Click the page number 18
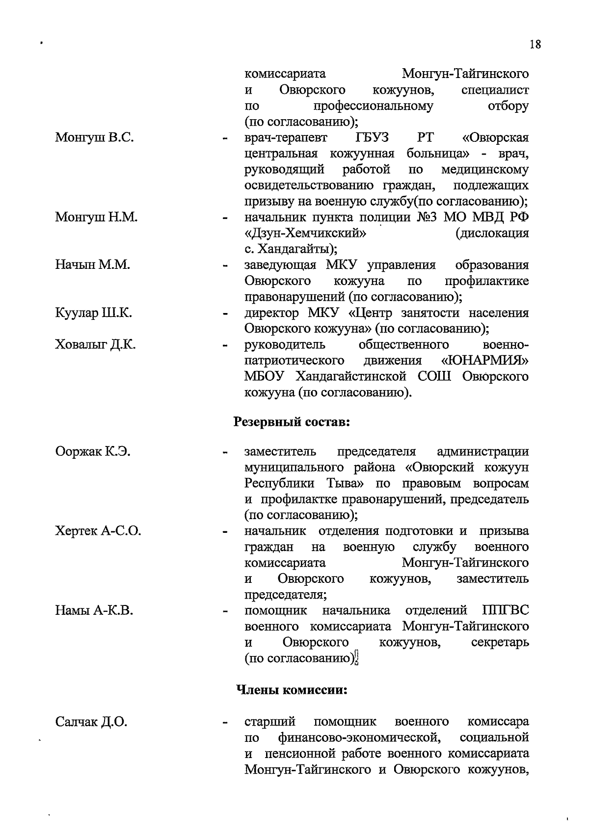click(535, 45)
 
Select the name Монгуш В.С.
click(95, 137)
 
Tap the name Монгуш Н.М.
click(96, 217)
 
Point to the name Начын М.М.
click(92, 265)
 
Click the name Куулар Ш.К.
click(93, 313)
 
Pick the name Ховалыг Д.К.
click(96, 344)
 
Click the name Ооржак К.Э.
click(93, 451)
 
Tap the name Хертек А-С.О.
click(98, 531)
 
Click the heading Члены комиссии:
click(292, 690)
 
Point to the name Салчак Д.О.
click(91, 722)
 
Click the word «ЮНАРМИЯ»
click(485, 361)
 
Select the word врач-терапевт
click(286, 137)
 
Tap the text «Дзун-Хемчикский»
click(306, 233)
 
